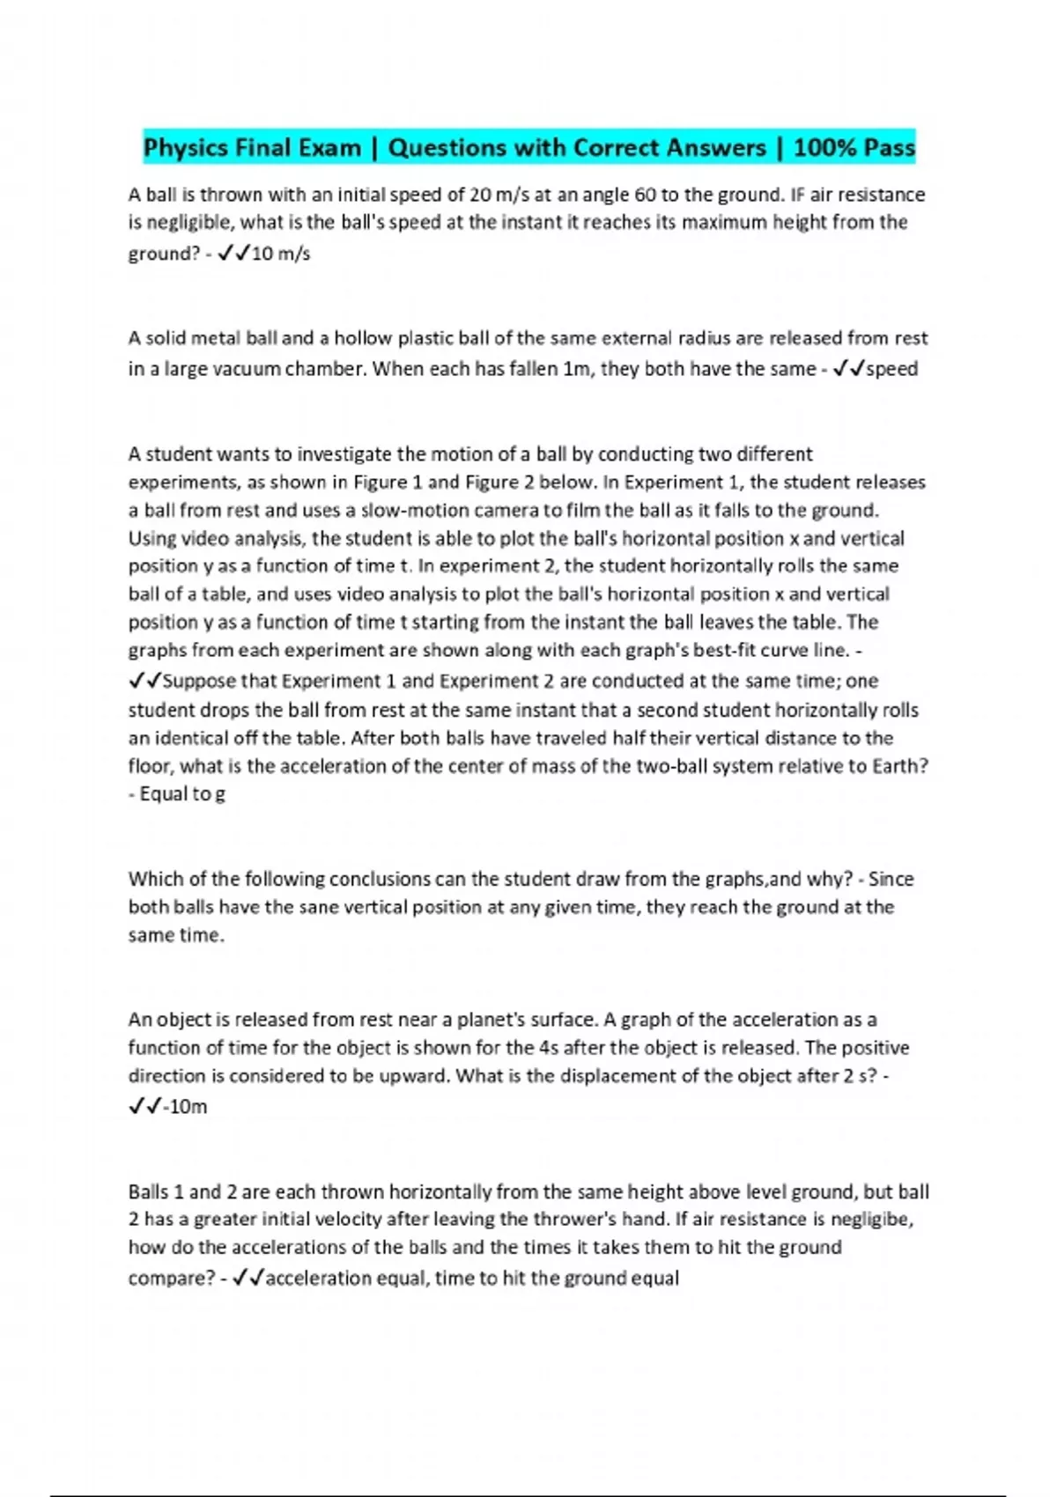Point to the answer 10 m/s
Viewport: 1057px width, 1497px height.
pyautogui.click(x=281, y=254)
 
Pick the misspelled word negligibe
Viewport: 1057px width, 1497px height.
pyautogui.click(x=871, y=1220)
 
